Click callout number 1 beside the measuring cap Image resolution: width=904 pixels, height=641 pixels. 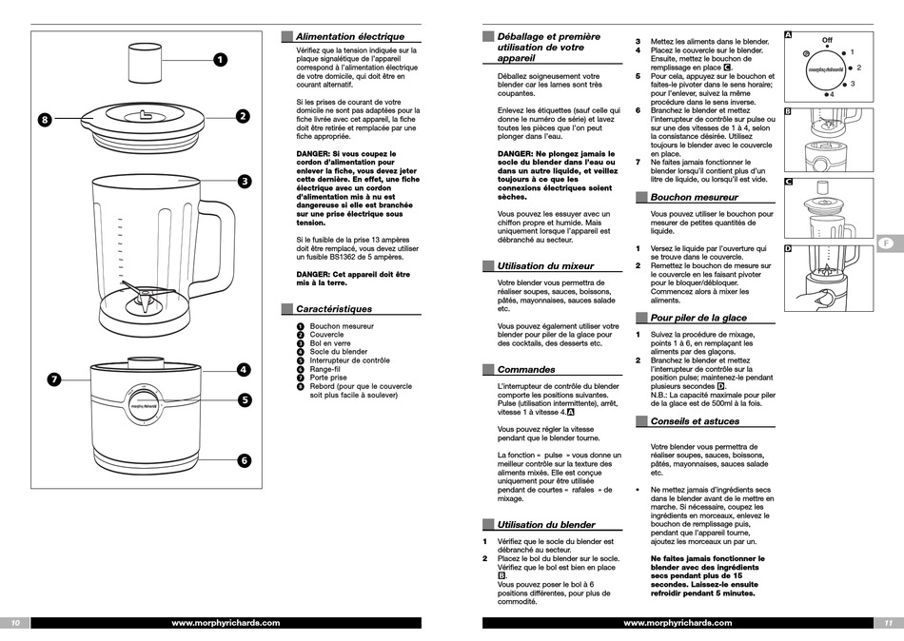(x=219, y=60)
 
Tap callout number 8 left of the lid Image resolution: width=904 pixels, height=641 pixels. (x=46, y=120)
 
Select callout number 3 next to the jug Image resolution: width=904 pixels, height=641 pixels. (x=243, y=181)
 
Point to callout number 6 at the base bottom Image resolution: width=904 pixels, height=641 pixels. (x=243, y=460)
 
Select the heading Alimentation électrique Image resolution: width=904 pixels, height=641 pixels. (x=349, y=36)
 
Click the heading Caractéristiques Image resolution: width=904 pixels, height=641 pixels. (x=333, y=308)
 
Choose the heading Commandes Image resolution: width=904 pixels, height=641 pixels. (x=525, y=369)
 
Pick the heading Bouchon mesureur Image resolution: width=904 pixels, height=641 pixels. (x=694, y=197)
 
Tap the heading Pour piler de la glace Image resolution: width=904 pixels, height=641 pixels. (x=698, y=318)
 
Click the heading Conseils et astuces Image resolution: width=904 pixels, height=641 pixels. (x=695, y=420)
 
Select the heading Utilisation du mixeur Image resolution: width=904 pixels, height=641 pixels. (x=545, y=266)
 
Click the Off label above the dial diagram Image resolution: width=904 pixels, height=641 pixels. (x=827, y=41)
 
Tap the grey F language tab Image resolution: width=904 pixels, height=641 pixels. (x=886, y=243)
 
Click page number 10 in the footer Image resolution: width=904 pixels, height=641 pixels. (x=15, y=623)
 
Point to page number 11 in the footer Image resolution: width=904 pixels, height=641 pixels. (x=887, y=623)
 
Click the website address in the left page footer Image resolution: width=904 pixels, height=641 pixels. (x=226, y=623)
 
